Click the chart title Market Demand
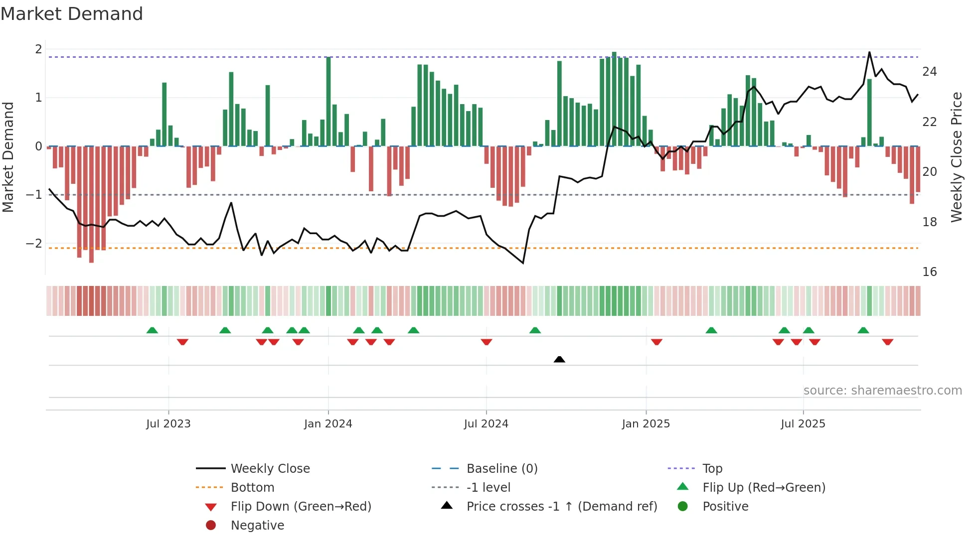coord(72,14)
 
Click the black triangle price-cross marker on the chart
coord(559,359)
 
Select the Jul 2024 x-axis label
coord(486,424)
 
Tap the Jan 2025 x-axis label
coord(646,424)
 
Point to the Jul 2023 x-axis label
coord(168,424)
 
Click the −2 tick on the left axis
coord(34,244)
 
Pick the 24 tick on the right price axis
coord(929,72)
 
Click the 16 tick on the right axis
coord(929,272)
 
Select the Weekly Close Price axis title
coord(956,157)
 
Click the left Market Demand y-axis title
coord(8,157)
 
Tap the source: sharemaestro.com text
coord(882,391)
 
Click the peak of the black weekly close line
coord(869,52)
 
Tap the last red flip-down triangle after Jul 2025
coord(887,342)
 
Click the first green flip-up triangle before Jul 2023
coord(152,330)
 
